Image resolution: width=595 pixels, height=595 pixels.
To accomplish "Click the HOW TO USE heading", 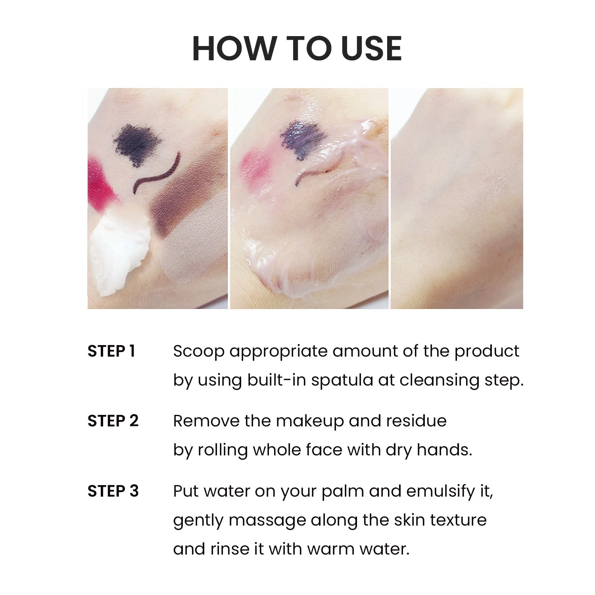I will (297, 48).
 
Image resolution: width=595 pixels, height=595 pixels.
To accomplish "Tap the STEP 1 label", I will (111, 351).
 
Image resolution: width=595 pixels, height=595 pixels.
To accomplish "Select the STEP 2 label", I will (113, 421).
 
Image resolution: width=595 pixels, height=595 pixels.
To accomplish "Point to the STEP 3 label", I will (113, 491).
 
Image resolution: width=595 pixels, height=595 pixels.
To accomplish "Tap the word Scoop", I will (199, 351).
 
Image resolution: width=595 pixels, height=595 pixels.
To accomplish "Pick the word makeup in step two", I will (310, 421).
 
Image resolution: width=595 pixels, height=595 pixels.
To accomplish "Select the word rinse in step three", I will (230, 549).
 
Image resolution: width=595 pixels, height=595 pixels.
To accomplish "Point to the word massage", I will (267, 520).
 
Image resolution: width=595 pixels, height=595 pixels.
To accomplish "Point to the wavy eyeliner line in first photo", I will (157, 175).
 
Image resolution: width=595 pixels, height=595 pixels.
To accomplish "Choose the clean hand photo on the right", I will (457, 198).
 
